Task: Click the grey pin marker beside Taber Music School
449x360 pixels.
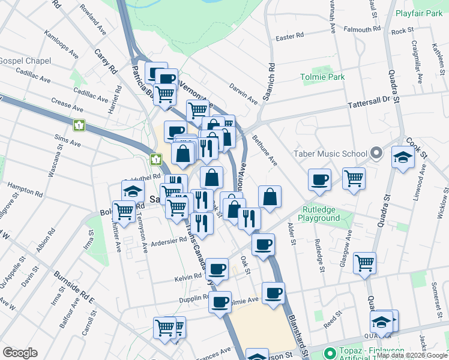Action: pos(376,154)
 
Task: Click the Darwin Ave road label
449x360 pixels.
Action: pos(243,94)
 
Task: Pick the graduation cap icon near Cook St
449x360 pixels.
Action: pos(403,158)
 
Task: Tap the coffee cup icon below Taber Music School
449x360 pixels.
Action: pos(319,179)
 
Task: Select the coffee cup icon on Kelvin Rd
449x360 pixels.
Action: pos(217,268)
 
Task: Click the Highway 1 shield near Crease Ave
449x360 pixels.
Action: pos(79,125)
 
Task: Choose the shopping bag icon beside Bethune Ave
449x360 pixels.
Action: pos(270,196)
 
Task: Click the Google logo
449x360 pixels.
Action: pos(20,353)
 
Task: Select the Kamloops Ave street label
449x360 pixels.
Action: pos(61,44)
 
